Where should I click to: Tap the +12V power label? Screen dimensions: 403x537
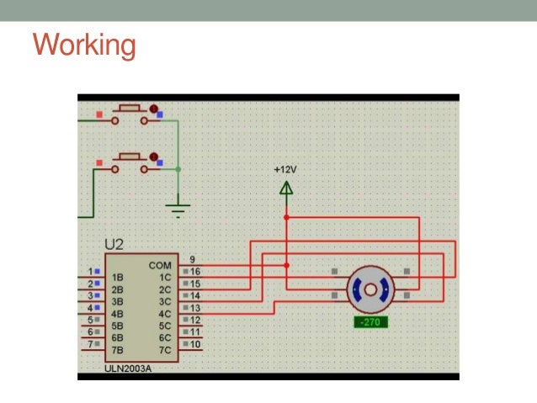285,169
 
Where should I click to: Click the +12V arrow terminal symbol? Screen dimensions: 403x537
286,188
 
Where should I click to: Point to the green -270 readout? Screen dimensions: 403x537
371,322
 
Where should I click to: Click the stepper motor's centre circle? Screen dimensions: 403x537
371,289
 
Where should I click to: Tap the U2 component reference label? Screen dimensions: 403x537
114,245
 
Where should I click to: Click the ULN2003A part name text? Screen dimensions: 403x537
129,368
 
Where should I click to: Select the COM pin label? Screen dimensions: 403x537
160,265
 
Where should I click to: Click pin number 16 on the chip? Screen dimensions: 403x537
195,272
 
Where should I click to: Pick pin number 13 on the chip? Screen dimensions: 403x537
195,308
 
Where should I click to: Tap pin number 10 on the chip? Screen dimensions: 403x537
195,344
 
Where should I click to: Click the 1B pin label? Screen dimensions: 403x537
118,277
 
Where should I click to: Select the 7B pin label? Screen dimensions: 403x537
118,349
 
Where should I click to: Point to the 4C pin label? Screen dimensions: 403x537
165,313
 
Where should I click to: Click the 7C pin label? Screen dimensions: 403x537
165,349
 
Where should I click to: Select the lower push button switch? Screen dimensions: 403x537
130,160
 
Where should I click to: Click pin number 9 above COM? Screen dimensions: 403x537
193,259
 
